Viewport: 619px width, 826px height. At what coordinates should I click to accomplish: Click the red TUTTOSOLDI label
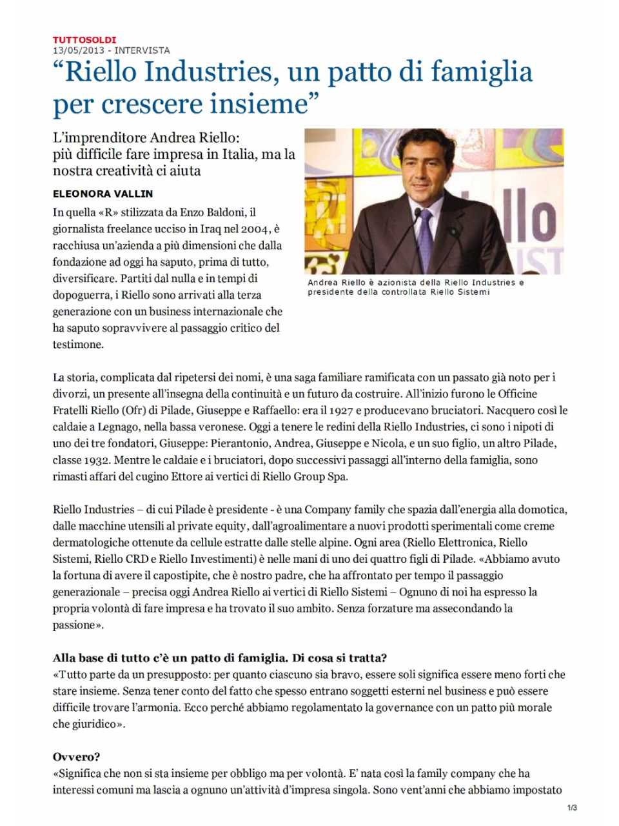[84, 40]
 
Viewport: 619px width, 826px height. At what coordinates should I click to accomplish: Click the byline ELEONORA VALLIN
[103, 194]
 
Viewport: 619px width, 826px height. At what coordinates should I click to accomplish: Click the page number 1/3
[572, 807]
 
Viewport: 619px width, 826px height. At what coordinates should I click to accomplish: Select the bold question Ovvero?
[76, 757]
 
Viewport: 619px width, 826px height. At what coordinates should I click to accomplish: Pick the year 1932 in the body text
[101, 460]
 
